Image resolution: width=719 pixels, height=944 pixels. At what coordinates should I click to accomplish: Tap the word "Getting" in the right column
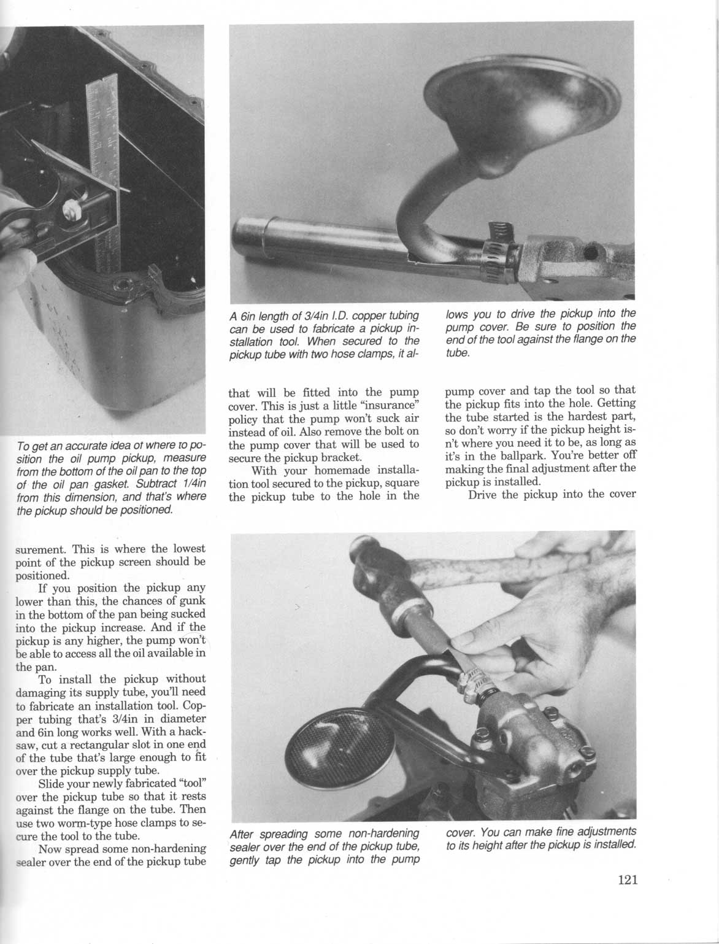616,404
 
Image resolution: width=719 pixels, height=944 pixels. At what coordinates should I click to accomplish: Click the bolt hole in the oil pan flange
126,285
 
